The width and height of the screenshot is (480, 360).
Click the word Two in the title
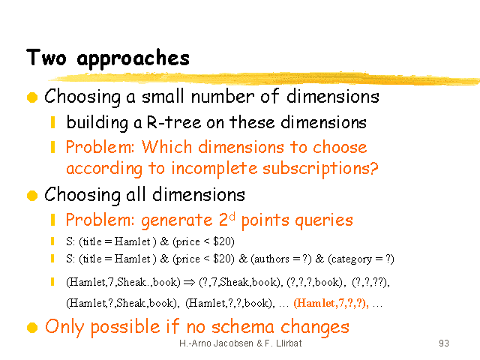click(x=46, y=57)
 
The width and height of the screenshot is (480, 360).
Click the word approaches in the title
click(x=133, y=58)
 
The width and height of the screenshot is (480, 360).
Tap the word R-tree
click(x=174, y=122)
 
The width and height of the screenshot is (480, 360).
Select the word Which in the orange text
click(x=166, y=147)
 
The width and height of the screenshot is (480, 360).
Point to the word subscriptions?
click(x=320, y=168)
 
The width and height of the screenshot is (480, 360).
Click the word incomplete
click(x=214, y=168)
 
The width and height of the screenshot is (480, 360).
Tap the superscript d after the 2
click(x=232, y=216)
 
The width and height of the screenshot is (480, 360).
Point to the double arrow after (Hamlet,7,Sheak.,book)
click(x=189, y=282)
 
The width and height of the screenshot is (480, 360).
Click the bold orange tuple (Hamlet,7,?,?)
click(x=331, y=303)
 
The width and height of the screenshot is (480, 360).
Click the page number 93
click(x=444, y=343)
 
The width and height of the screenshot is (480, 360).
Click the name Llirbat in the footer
click(x=289, y=343)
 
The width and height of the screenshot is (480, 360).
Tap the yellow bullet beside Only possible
click(x=32, y=327)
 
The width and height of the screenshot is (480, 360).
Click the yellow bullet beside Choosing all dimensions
click(x=32, y=195)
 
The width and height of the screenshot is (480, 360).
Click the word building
click(x=97, y=123)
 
